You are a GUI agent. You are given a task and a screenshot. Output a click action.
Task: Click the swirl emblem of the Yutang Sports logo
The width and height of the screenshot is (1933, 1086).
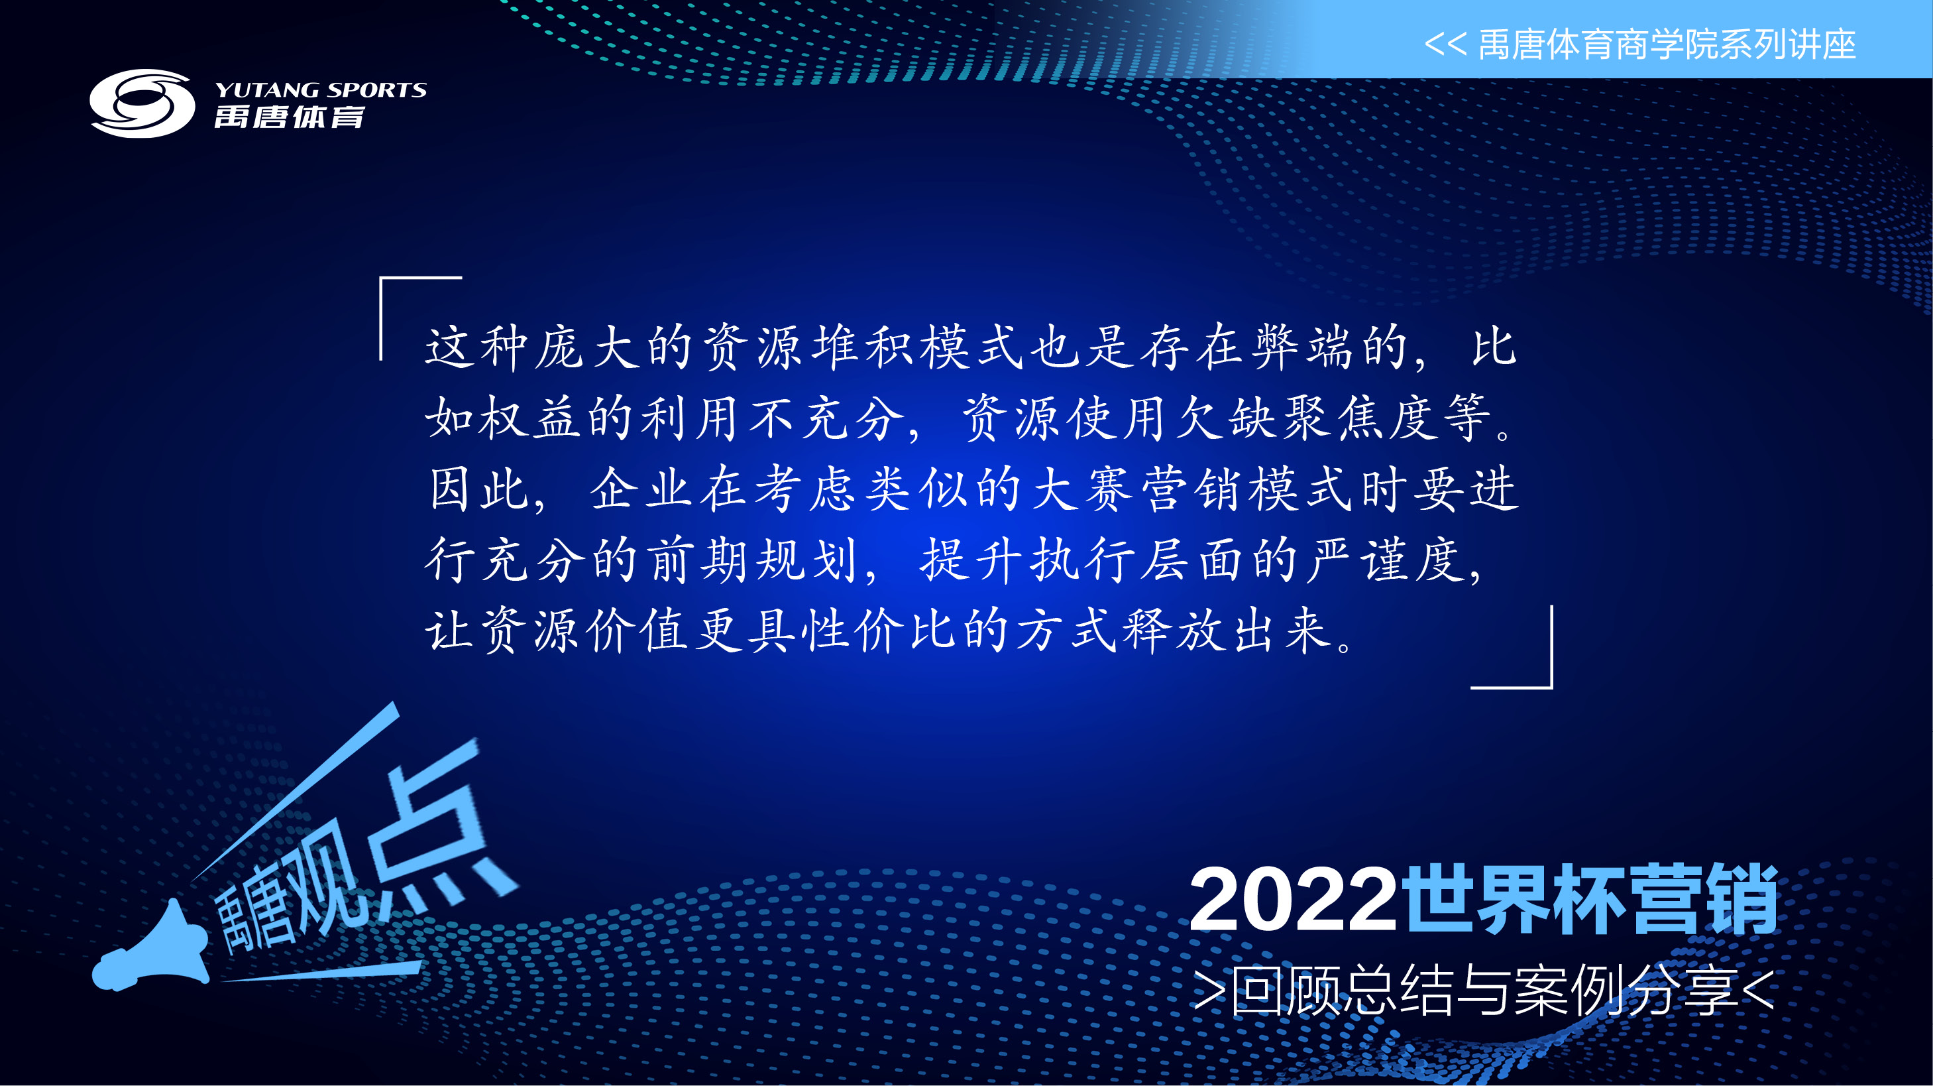coord(142,103)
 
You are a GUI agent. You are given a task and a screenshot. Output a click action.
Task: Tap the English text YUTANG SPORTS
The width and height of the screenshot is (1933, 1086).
coord(321,90)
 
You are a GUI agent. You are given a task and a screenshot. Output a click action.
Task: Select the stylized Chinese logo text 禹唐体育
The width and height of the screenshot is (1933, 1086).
coord(290,118)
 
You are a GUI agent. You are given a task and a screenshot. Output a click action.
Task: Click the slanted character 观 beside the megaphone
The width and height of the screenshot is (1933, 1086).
coord(323,886)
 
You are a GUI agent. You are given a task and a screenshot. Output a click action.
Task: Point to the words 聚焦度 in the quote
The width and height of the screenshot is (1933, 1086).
coord(1362,418)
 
